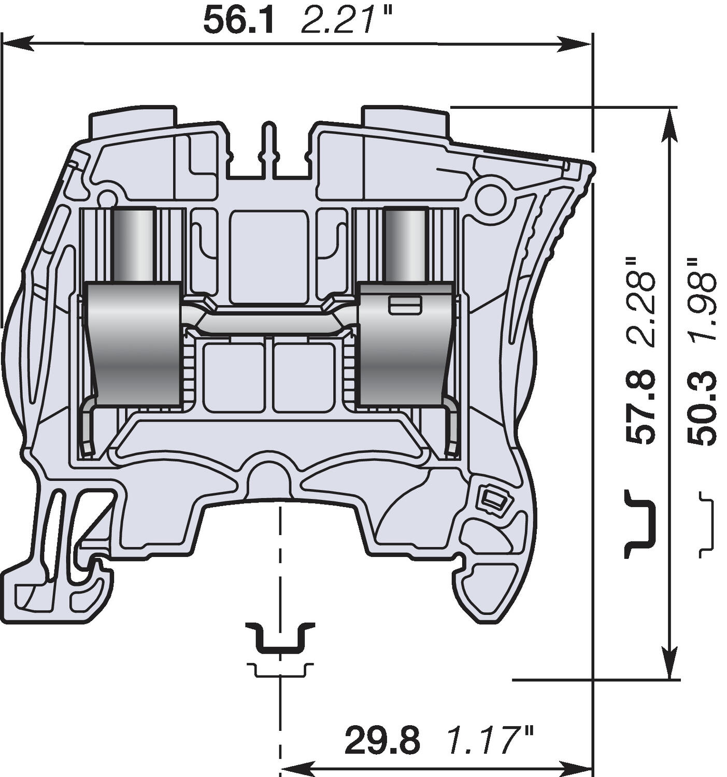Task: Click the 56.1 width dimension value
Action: coord(238,21)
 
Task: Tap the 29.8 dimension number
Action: coord(382,740)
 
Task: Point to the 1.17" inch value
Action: coord(490,740)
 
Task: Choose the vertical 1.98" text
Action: coord(702,300)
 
